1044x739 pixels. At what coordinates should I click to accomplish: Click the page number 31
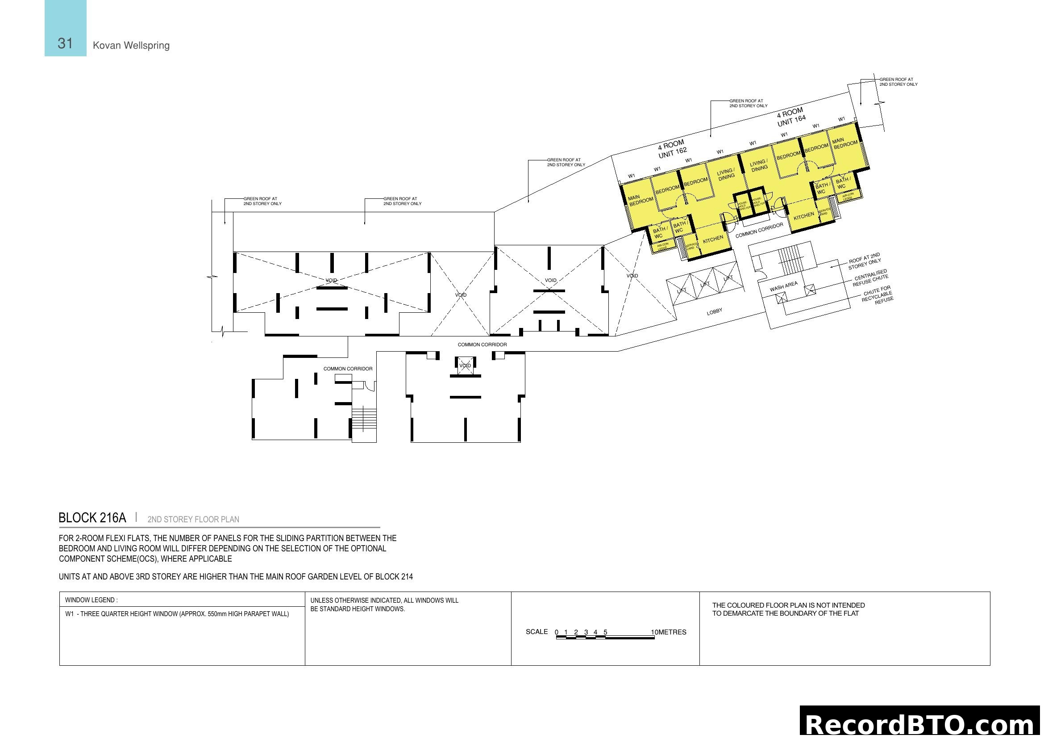pos(65,43)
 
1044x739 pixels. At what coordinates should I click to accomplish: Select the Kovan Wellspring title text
pos(131,46)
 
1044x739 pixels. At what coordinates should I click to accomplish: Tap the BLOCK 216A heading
pos(92,518)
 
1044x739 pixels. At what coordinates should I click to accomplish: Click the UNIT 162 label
pos(673,153)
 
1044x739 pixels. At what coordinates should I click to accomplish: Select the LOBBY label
pos(714,312)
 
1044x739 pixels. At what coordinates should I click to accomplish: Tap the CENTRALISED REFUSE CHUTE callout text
pos(871,277)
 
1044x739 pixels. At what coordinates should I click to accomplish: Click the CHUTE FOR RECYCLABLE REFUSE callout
pos(878,294)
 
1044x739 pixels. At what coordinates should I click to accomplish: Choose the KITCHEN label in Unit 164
pos(804,216)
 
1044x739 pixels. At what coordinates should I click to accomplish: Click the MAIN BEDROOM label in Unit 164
pos(845,143)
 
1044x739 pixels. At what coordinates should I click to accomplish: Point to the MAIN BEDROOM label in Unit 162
pos(641,200)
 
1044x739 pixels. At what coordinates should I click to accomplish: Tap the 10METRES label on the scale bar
pos(669,632)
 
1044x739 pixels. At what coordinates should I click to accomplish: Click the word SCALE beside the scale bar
pos(537,632)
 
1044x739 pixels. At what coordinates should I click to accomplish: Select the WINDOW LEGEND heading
pos(92,600)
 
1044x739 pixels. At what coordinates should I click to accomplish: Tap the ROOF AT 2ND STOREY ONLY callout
pos(865,261)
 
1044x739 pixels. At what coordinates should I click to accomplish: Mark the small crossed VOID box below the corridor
pos(465,366)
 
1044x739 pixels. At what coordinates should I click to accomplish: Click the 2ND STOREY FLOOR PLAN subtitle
pos(193,519)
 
